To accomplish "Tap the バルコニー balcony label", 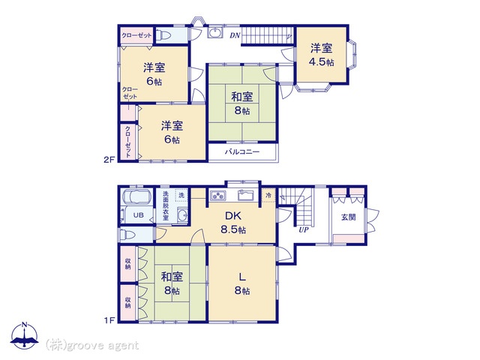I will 242,151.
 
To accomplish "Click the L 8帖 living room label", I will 241,284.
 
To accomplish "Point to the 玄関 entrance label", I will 349,217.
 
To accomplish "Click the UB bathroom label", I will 138,215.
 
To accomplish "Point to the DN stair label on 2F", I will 235,35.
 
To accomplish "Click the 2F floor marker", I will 109,160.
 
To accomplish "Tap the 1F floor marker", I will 109,320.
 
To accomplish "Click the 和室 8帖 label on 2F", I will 241,103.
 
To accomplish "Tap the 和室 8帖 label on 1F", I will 170,283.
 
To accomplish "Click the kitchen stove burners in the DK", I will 219,196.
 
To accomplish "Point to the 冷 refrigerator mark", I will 268,196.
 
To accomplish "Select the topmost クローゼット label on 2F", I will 138,35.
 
